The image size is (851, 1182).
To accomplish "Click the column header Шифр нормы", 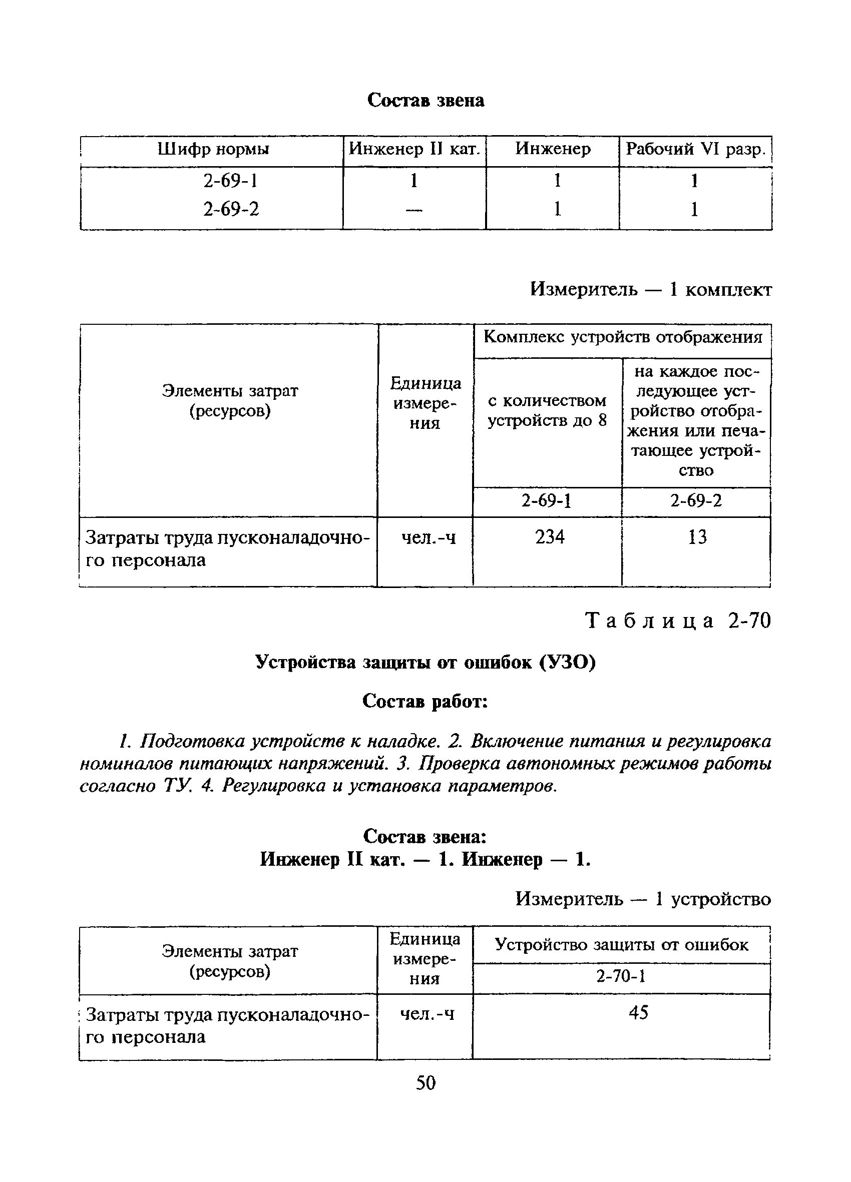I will pos(213,150).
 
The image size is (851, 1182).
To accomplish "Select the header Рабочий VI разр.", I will pos(695,150).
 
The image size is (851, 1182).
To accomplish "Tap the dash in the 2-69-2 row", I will pos(414,210).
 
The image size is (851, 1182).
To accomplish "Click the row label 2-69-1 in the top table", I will pos(230,181).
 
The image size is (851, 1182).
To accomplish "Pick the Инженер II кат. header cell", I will pos(414,150).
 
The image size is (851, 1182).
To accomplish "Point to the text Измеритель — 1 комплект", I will pos(651,289).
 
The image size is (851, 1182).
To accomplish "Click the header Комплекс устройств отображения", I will pos(623,337).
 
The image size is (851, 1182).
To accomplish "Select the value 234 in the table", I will pos(550,537).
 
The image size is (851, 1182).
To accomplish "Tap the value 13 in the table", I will pos(697,537).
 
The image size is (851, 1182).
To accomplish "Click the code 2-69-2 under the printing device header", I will pos(696,501).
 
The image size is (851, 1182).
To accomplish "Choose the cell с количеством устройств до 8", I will pos(548,410).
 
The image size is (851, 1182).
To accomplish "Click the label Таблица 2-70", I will pos(678,621).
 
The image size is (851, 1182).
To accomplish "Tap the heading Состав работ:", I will pos(425,702).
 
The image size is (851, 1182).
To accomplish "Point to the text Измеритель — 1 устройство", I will pos(643,899).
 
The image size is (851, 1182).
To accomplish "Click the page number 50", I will pos(425,1083).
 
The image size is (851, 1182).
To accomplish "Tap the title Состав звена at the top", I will pos(425,100).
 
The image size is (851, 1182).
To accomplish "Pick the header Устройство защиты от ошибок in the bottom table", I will pos(621,944).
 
